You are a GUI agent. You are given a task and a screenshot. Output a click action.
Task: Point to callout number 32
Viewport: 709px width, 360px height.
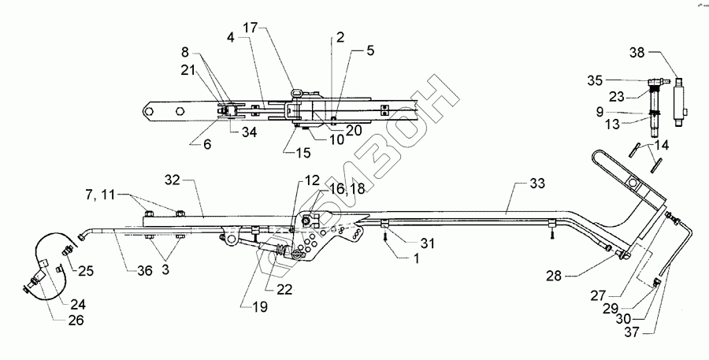point(173,180)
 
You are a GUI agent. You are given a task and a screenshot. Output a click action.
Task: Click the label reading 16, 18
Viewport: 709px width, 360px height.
point(348,189)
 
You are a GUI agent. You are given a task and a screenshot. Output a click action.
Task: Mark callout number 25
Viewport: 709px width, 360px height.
point(84,270)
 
